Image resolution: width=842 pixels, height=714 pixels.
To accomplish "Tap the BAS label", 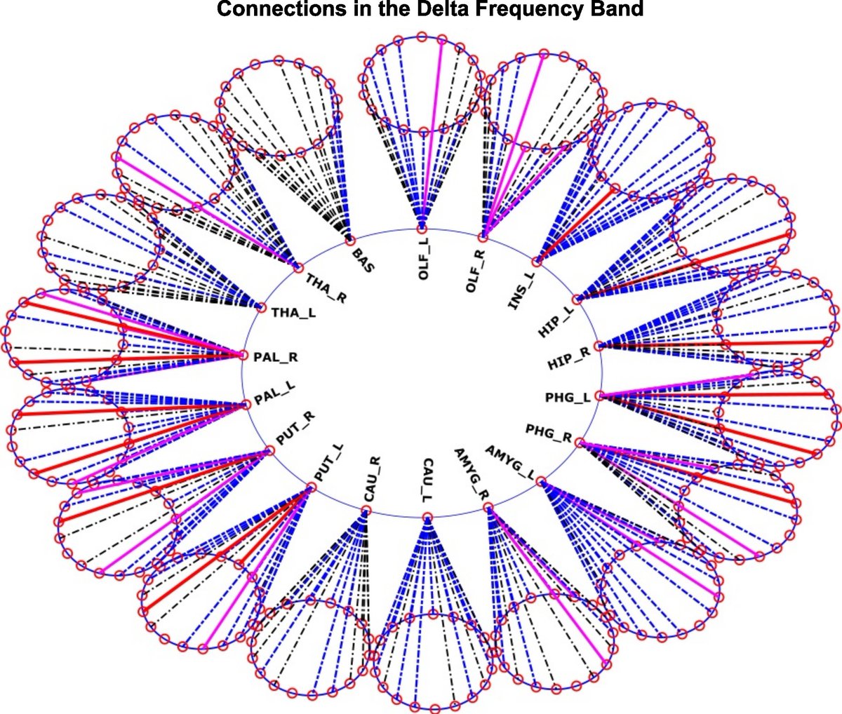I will tap(363, 259).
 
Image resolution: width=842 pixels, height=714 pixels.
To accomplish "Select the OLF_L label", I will tap(423, 260).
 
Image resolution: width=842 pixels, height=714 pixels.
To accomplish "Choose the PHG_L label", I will tap(568, 398).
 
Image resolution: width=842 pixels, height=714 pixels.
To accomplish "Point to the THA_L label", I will tap(293, 312).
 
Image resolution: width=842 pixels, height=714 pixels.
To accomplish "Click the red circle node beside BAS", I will tap(348, 242).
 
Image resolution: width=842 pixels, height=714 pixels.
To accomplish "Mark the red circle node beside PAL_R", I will tap(244, 355).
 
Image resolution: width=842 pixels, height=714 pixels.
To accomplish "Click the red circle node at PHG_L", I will tap(599, 396).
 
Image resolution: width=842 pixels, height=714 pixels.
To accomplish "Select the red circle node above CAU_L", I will tap(427, 518).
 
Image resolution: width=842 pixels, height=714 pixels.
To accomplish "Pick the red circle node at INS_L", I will tap(537, 263).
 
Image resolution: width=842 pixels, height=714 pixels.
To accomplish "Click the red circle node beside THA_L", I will tap(262, 308).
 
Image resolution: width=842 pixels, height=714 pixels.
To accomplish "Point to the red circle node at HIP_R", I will tap(598, 346).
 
